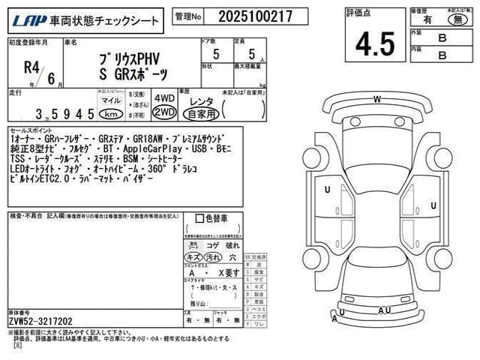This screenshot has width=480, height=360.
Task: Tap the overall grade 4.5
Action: coord(375,43)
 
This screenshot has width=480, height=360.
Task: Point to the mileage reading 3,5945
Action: coord(64,114)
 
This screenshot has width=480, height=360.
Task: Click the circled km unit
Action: coord(110,114)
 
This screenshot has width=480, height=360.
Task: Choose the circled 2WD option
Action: coord(163,112)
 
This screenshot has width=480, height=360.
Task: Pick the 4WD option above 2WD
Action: coord(163,97)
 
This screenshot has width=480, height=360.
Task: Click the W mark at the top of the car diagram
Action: coord(377,100)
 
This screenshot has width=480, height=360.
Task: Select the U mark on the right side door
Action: coord(433,205)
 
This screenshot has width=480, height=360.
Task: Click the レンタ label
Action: coord(202,99)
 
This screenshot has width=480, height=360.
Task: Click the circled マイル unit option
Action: coord(110,100)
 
